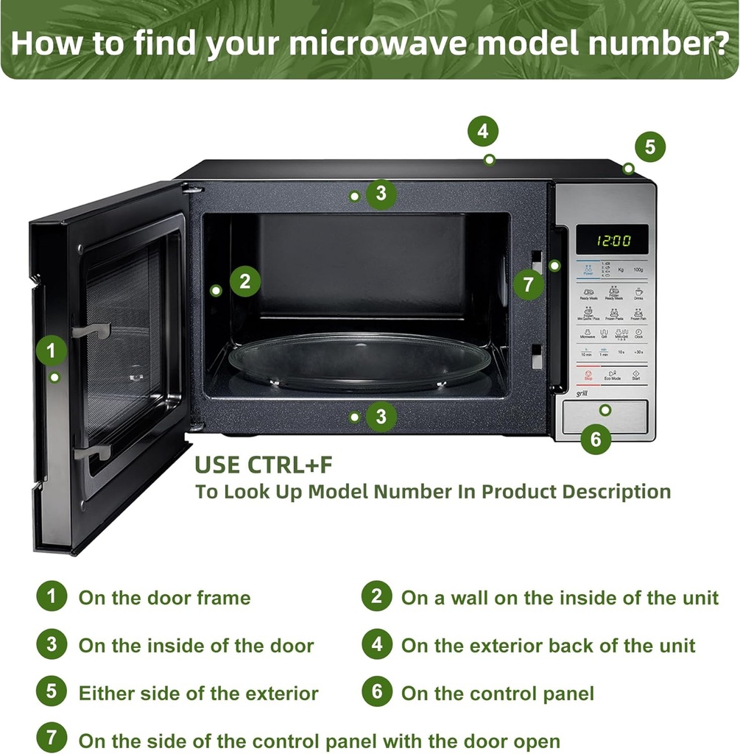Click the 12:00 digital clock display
(x=612, y=240)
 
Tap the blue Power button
(x=588, y=270)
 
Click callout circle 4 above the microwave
(x=483, y=133)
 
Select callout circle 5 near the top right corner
(x=649, y=147)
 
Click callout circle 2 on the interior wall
(x=245, y=281)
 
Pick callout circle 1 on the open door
(x=51, y=350)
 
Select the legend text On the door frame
(x=164, y=597)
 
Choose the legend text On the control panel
(x=497, y=693)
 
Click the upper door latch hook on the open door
(x=92, y=331)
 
